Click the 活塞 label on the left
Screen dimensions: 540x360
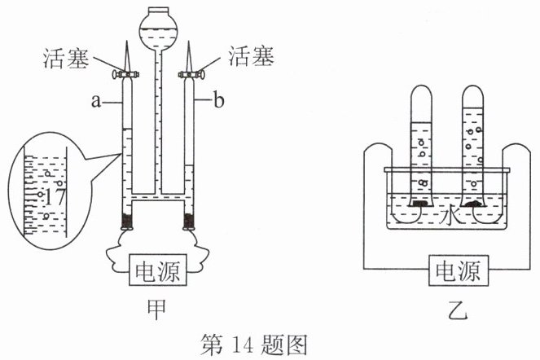(66, 58)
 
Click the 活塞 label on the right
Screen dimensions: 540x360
(251, 56)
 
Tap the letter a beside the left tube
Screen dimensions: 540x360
(96, 101)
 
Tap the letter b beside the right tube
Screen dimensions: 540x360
(219, 101)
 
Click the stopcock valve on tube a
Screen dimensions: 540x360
(127, 74)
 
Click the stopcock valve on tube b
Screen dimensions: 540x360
(191, 74)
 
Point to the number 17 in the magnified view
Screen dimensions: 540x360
(55, 197)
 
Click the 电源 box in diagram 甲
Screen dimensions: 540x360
(158, 270)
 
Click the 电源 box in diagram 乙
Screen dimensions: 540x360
(459, 270)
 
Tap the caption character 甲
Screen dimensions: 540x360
(157, 310)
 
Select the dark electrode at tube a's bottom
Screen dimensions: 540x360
(127, 221)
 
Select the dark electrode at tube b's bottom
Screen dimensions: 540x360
(189, 221)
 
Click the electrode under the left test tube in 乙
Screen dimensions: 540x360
(419, 204)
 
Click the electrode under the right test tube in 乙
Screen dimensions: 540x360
(474, 204)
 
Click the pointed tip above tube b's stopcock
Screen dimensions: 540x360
(189, 42)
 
